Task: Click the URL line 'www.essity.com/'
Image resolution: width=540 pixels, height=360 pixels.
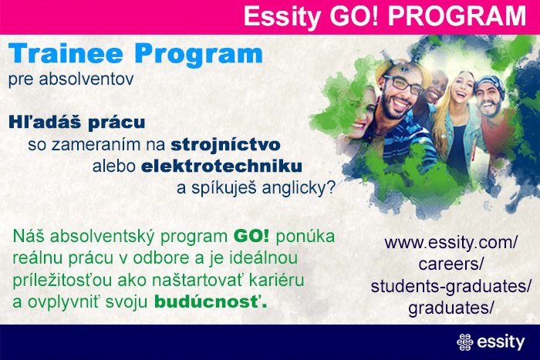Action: click(x=450, y=243)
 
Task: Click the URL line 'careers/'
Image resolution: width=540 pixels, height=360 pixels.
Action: click(x=451, y=264)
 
